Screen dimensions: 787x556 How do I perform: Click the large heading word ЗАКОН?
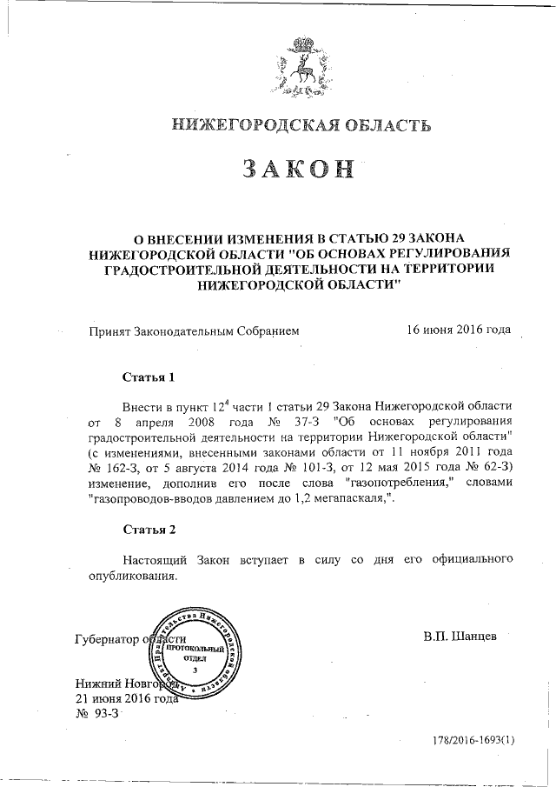click(x=300, y=170)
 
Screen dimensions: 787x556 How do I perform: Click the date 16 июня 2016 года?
click(x=459, y=330)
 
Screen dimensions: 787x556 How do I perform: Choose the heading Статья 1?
click(x=149, y=378)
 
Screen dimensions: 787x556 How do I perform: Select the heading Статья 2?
click(x=149, y=529)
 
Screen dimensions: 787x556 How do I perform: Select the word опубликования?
click(x=132, y=576)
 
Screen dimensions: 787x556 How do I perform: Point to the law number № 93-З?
click(x=96, y=713)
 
